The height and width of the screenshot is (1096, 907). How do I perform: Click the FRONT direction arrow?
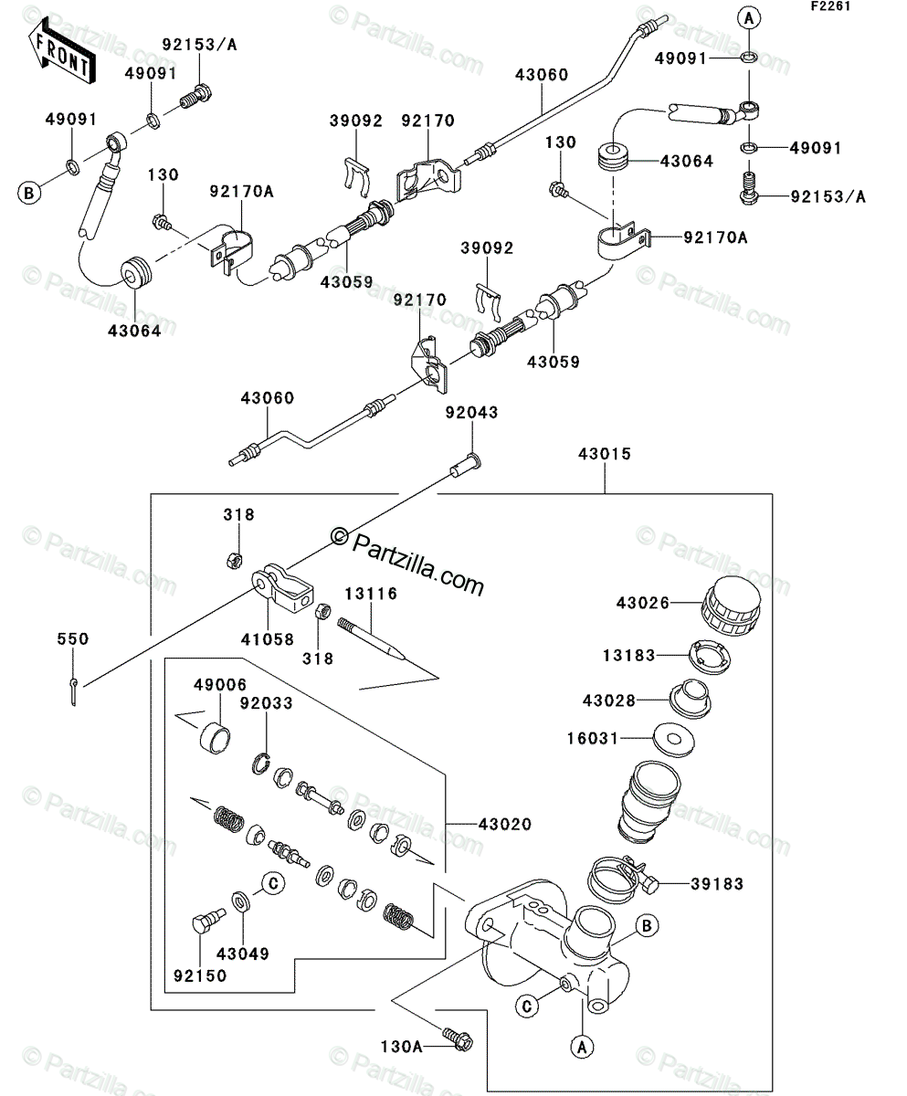pyautogui.click(x=60, y=51)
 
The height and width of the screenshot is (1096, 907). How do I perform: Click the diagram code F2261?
pyautogui.click(x=830, y=6)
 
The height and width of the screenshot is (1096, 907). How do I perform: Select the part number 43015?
pyautogui.click(x=605, y=454)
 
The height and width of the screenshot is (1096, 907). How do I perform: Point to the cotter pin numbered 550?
pyautogui.click(x=74, y=691)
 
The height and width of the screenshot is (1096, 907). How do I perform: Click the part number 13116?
pyautogui.click(x=371, y=594)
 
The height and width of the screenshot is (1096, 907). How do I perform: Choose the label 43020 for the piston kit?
pyautogui.click(x=505, y=825)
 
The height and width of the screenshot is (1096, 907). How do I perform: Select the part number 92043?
pyautogui.click(x=471, y=413)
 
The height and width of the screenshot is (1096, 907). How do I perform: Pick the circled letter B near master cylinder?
pyautogui.click(x=647, y=926)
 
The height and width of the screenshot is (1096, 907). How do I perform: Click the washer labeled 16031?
pyautogui.click(x=674, y=740)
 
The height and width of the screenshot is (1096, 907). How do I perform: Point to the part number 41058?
pyautogui.click(x=267, y=639)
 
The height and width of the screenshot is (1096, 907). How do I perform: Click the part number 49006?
pyautogui.click(x=220, y=685)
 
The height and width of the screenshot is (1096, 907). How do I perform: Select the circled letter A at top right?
pyautogui.click(x=748, y=19)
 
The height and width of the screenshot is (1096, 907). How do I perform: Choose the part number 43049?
pyautogui.click(x=242, y=954)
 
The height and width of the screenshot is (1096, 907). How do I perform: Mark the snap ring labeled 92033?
pyautogui.click(x=261, y=764)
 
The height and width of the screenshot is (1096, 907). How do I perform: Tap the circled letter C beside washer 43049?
pyautogui.click(x=273, y=883)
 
